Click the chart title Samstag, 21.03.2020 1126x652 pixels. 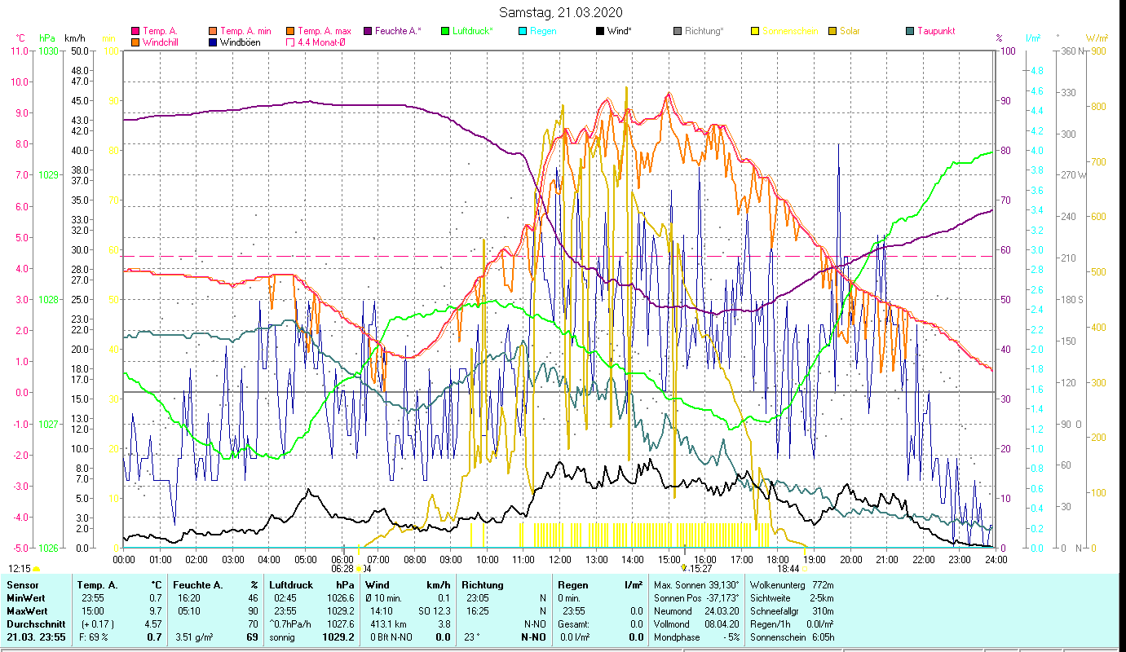coord(563,12)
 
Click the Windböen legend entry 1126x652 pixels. coord(240,42)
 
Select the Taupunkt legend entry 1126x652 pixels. coord(935,31)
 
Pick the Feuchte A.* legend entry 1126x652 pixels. coord(396,31)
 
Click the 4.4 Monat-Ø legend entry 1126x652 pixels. coord(321,42)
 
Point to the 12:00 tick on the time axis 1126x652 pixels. coord(560,559)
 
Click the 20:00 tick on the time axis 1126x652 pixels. coord(850,559)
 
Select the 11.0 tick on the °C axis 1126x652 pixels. coord(19,51)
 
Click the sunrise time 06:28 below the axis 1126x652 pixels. coord(342,569)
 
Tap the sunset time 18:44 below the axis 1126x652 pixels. coord(788,569)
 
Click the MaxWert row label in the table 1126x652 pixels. coord(28,610)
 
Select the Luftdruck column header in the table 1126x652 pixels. coord(292,585)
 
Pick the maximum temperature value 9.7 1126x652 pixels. coord(153,610)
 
